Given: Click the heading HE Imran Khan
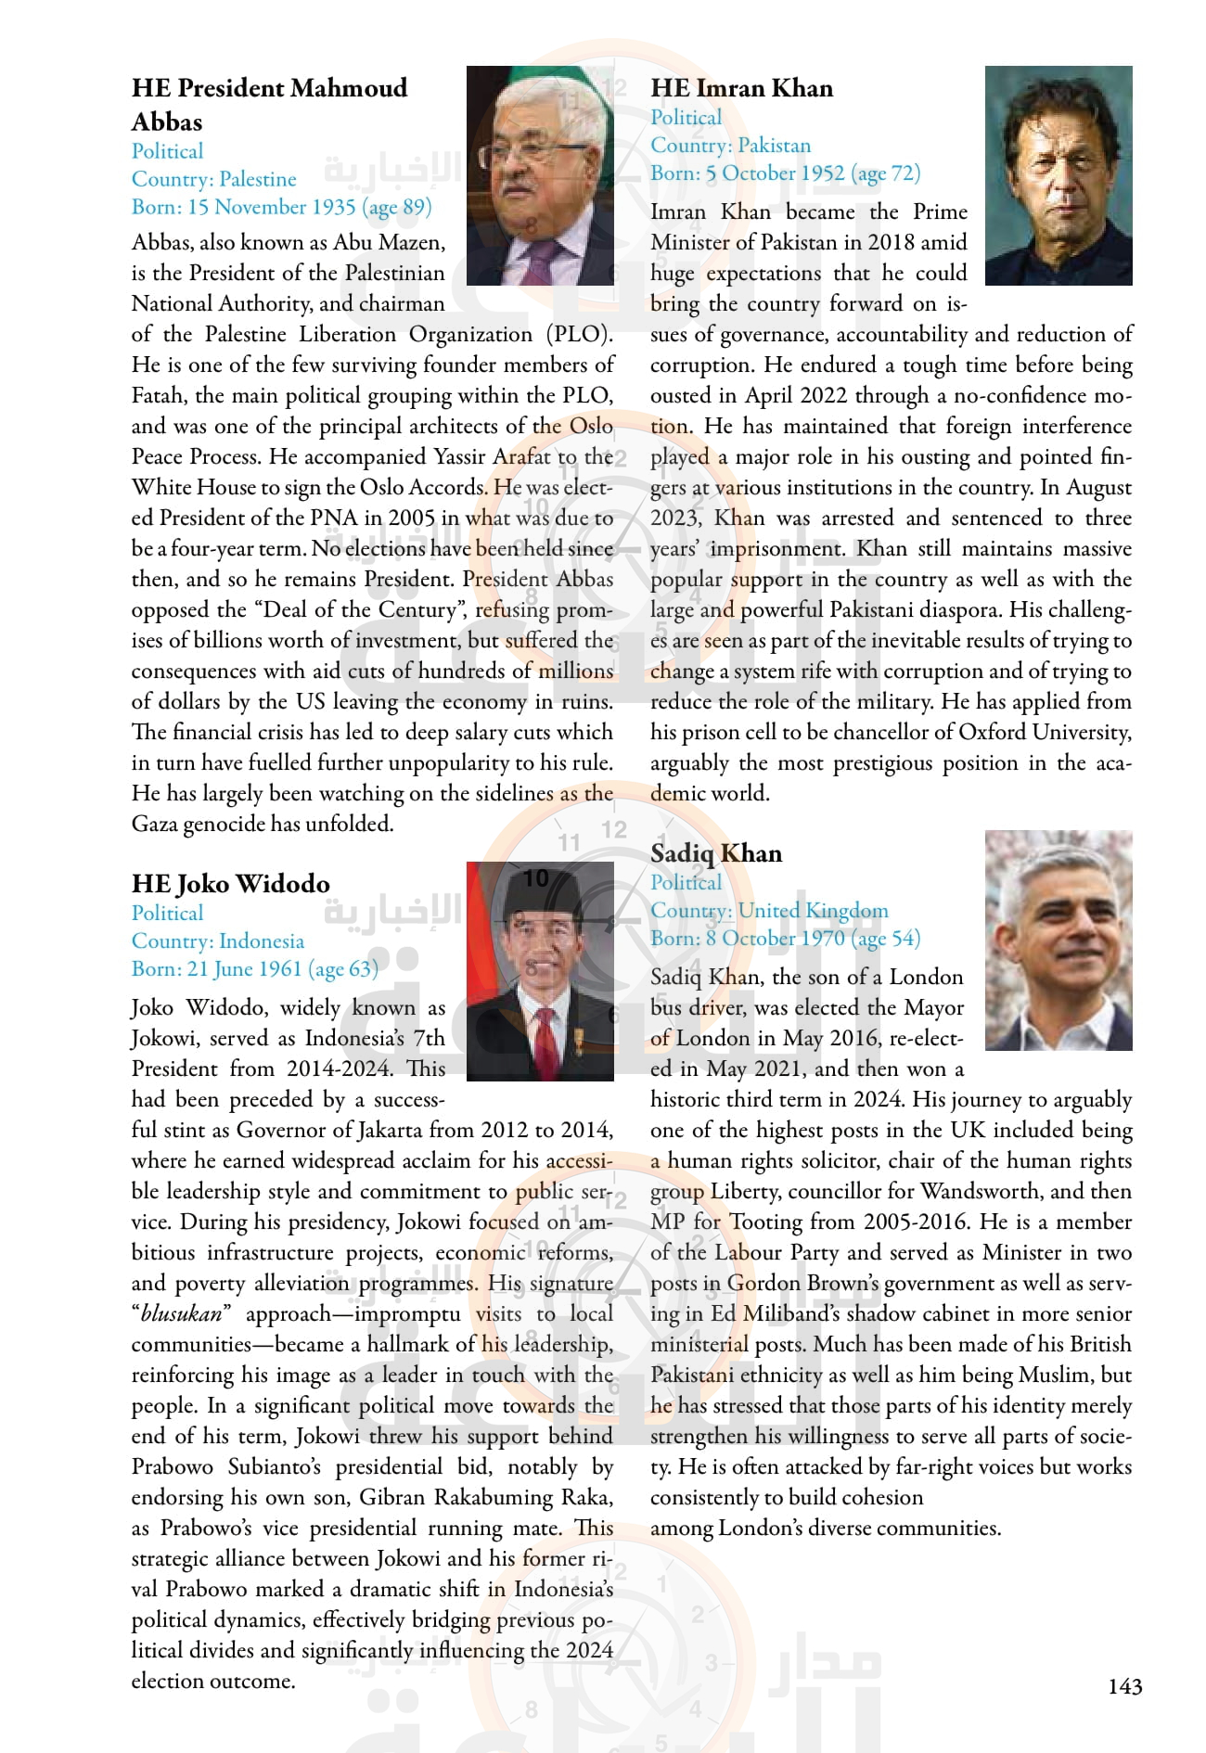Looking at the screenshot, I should (x=741, y=88).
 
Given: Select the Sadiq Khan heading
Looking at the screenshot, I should (x=715, y=853).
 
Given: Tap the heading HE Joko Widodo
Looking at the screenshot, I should (x=230, y=884).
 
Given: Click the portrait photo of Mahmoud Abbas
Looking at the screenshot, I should (x=540, y=175).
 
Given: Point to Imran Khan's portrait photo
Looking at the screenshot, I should (x=1058, y=175).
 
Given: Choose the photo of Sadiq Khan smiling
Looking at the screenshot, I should (x=1058, y=940).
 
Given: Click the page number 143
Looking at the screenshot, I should (x=1124, y=1685).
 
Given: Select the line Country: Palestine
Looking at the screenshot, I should (x=213, y=179).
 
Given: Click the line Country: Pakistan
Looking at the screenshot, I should (x=730, y=146).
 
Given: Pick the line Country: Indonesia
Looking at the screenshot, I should (x=217, y=941).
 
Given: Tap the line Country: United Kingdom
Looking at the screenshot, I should (x=769, y=911).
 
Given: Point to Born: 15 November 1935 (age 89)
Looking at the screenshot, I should (x=281, y=207).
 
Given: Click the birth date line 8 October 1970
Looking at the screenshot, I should (x=785, y=939).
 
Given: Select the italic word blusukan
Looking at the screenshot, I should (x=181, y=1314).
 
